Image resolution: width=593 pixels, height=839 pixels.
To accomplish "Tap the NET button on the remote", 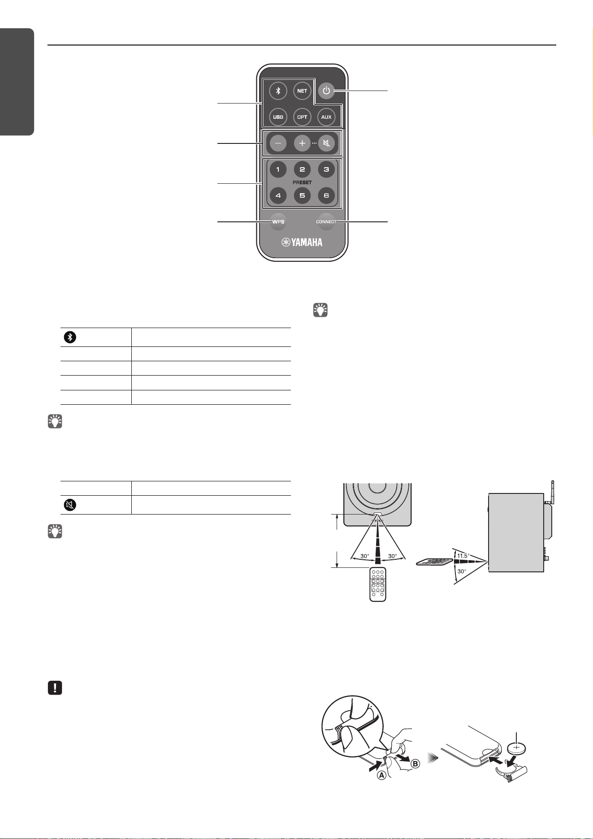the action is (x=302, y=91).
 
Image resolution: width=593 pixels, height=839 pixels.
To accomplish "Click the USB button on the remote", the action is (x=278, y=117).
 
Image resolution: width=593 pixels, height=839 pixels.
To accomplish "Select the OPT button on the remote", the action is (x=302, y=117).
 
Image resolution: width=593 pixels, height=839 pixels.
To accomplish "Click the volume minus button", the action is (x=278, y=143).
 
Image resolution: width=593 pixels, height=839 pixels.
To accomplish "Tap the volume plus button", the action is (x=302, y=143).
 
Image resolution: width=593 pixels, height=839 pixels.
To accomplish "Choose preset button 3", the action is (x=326, y=169).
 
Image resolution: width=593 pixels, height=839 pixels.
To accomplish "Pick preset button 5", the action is (x=302, y=195).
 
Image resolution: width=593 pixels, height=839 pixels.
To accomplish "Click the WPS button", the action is (x=278, y=222).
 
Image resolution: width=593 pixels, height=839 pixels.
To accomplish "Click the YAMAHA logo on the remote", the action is (x=302, y=242).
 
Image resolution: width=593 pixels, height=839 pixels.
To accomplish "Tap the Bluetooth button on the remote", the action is (x=278, y=91).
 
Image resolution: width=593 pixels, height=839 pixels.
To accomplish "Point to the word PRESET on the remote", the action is (x=302, y=182).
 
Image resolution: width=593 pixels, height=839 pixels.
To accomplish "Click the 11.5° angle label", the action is (x=463, y=556).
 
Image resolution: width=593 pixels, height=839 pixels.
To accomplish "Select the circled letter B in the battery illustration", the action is (x=416, y=764).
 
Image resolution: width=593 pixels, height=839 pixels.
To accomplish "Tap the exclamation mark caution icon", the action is (x=55, y=688).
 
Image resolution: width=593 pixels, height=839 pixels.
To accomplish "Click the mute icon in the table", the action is (x=69, y=505).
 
